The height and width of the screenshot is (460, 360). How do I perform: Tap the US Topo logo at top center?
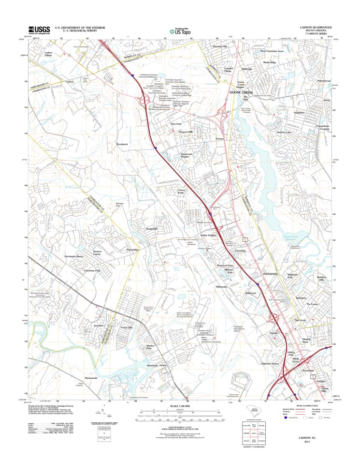[x=180, y=30]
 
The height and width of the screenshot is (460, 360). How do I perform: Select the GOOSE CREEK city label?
[x=241, y=92]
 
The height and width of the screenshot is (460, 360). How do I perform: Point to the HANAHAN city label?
[x=271, y=274]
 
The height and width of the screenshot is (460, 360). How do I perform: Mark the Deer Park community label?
[x=175, y=124]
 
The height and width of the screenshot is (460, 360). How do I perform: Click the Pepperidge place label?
[x=132, y=250]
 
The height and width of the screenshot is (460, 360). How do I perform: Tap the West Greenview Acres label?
[x=272, y=50]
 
